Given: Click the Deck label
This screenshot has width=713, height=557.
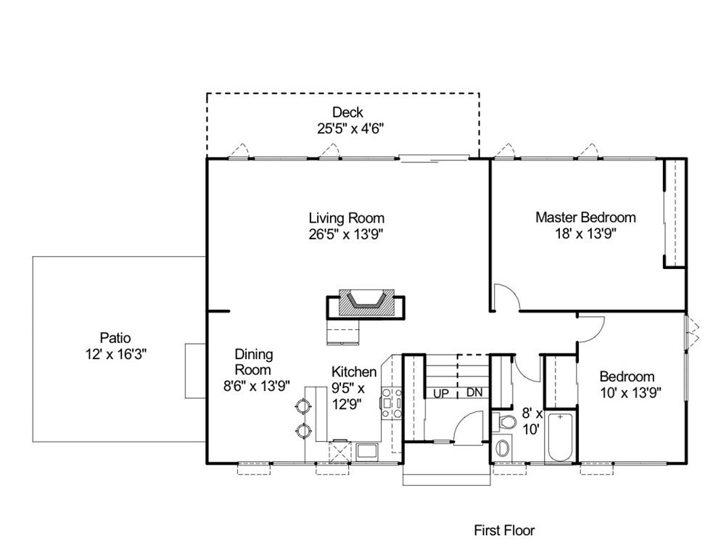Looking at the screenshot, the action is coord(347,112).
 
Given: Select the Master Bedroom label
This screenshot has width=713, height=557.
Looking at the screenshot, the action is coord(585,218).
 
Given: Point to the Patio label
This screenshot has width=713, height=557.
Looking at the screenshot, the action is coord(115,338).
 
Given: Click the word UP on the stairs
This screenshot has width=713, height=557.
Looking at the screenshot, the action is coord(440,393).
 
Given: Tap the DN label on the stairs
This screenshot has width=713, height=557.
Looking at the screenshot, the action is coord(474,392).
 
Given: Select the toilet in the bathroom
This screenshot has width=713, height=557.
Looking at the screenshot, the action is coord(504,421).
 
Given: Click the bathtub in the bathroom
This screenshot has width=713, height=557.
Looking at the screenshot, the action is coord(562,437).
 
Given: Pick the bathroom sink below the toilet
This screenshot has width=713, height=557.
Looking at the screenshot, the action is coord(503,447).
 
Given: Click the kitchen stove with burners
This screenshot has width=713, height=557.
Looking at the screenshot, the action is coord(391,403).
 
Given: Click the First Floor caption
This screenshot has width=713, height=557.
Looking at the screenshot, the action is coord(504,530).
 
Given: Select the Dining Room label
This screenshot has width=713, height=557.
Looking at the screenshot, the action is coord(253,362).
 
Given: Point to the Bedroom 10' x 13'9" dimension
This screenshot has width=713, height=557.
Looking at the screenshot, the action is coord(631,392).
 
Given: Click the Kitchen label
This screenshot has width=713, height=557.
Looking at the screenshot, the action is coord(354,371).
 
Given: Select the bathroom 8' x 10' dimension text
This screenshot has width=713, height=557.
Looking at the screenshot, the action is coord(532,421).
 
